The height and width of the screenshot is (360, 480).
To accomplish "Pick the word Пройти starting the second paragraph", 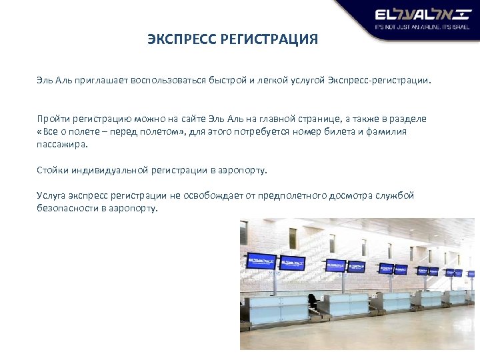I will point(51,118).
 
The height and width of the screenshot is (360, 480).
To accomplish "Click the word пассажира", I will point(61,143).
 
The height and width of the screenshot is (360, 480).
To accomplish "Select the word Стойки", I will point(51,170).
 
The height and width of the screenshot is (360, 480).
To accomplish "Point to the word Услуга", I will point(51,195).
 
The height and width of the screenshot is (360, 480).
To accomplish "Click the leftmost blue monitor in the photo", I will point(261,260).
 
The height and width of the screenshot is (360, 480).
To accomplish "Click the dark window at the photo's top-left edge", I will point(243,233).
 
